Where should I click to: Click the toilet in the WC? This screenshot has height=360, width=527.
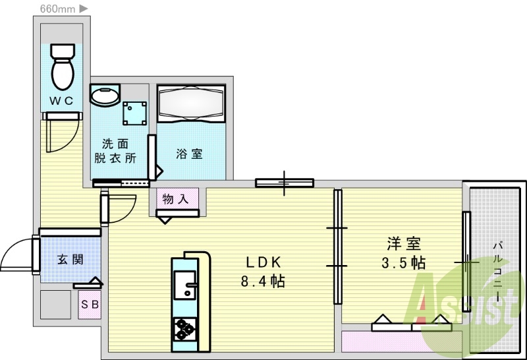click(x=63, y=67)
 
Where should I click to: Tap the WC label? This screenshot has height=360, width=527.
click(x=61, y=101)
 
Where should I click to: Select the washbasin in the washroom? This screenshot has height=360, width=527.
click(x=105, y=94)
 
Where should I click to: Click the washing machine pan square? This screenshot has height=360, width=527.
click(x=135, y=113)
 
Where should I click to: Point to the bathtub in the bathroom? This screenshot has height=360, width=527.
click(x=191, y=104)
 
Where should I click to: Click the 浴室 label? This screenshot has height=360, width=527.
click(x=190, y=154)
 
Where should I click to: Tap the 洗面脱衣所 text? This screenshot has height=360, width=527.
click(x=115, y=151)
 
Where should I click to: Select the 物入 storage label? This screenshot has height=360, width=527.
click(x=175, y=199)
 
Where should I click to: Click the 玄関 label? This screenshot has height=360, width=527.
click(x=70, y=259)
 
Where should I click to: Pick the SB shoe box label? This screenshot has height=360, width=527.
click(x=90, y=305)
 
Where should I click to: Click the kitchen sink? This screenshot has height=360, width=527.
click(x=185, y=285)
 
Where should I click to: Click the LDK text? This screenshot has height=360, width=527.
click(x=263, y=262)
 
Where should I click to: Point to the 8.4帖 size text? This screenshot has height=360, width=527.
click(x=263, y=281)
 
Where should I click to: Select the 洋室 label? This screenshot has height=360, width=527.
click(x=404, y=243)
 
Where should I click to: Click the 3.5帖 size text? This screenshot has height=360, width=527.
click(x=404, y=263)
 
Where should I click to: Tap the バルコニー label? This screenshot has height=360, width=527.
click(x=498, y=271)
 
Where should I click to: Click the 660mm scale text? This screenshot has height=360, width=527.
click(x=57, y=9)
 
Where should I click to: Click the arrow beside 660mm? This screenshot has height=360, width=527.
click(x=84, y=9)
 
